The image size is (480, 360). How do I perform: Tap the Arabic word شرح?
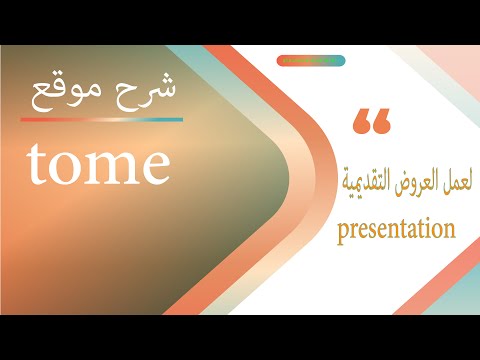(x=144, y=91)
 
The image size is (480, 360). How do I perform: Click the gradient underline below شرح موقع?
(x=101, y=119)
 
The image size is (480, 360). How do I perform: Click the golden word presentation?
(x=397, y=230)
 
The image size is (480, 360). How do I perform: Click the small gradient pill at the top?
(x=310, y=60)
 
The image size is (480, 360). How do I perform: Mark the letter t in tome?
(x=37, y=165)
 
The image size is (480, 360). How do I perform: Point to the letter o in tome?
(x=64, y=167)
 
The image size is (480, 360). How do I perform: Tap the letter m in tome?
(x=107, y=167)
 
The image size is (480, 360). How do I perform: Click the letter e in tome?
(x=152, y=167)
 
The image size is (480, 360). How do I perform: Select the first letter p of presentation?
(x=343, y=233)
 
